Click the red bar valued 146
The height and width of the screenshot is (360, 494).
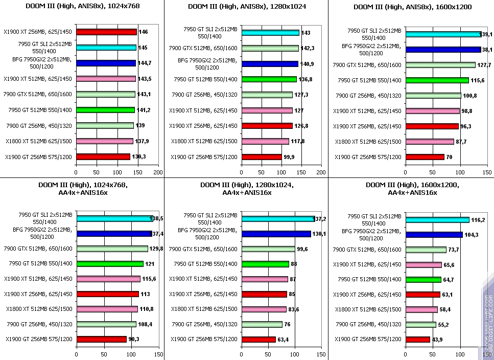(106, 32)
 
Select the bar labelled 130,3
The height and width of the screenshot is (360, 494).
(103, 156)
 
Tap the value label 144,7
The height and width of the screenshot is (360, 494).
(146, 63)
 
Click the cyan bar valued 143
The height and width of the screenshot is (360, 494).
(270, 33)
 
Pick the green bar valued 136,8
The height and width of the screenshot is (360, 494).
(269, 79)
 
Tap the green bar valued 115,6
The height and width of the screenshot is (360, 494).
(437, 80)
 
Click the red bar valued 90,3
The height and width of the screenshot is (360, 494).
(101, 339)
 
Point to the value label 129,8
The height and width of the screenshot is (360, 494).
(158, 249)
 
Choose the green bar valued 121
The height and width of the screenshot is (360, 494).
(110, 264)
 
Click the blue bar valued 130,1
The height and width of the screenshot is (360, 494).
(276, 234)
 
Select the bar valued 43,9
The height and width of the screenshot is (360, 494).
(417, 339)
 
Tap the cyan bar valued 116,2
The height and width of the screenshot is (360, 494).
(437, 219)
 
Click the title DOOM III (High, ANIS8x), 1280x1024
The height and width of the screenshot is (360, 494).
(247, 7)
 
